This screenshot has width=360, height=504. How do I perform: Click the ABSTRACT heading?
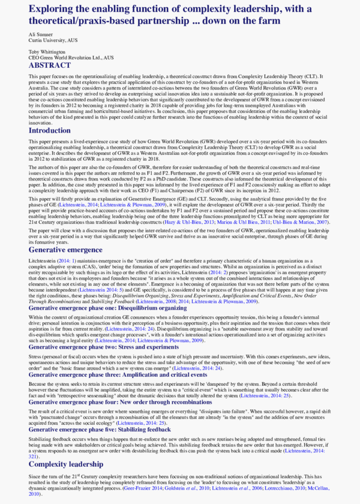click(53, 65)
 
